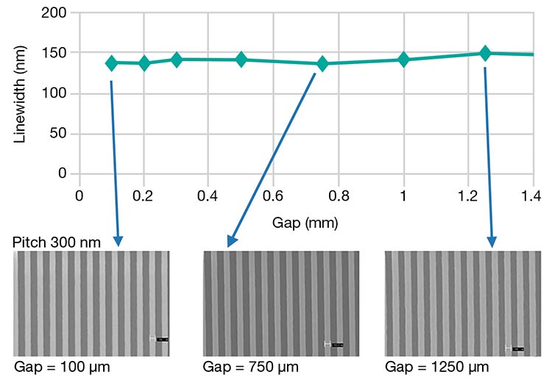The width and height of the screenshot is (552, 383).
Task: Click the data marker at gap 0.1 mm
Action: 112,63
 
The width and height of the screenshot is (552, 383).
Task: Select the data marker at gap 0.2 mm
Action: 144,63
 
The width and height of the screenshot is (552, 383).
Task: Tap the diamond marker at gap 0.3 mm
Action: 177,60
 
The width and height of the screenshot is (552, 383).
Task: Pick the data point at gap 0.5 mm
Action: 241,60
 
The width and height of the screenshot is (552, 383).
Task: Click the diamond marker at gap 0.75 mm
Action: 322,63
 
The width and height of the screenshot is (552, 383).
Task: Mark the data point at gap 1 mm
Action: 403,60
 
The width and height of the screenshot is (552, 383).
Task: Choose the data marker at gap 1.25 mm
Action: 485,53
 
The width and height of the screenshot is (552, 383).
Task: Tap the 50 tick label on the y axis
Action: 57,134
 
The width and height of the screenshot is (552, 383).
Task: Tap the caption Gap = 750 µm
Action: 249,367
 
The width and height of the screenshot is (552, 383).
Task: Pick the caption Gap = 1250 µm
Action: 435,367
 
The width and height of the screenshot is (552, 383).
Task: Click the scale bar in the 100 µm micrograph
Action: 159,339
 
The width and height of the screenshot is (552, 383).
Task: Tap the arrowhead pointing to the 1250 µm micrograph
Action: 492,242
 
